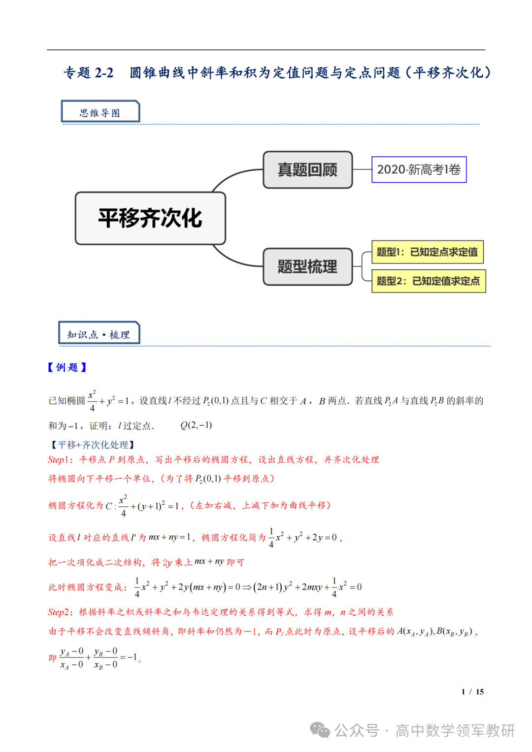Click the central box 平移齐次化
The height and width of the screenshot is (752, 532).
pyautogui.click(x=150, y=218)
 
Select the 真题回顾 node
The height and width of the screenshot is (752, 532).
pyautogui.click(x=307, y=170)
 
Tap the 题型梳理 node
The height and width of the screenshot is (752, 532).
pyautogui.click(x=307, y=267)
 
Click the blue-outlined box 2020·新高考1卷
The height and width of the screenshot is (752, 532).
pyautogui.click(x=419, y=169)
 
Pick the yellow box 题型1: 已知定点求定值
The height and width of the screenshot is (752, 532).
pyautogui.click(x=427, y=252)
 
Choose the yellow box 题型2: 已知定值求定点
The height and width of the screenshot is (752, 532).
pyautogui.click(x=428, y=281)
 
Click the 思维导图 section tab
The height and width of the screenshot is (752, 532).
pyautogui.click(x=100, y=112)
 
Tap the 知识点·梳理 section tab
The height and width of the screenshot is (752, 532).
pyautogui.click(x=99, y=334)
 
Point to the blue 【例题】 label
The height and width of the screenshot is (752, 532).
pyautogui.click(x=67, y=367)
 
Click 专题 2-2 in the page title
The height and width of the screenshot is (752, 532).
pyautogui.click(x=89, y=73)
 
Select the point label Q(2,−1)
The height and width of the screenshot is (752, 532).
pyautogui.click(x=196, y=425)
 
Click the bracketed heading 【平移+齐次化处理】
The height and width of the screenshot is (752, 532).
pyautogui.click(x=93, y=445)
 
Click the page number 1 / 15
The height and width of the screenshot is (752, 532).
pyautogui.click(x=472, y=692)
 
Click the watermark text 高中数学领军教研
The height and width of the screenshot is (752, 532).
pyautogui.click(x=455, y=730)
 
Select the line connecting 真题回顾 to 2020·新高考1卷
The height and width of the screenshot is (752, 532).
pyautogui.click(x=362, y=169)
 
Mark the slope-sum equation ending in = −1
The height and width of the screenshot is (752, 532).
pyautogui.click(x=99, y=658)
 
